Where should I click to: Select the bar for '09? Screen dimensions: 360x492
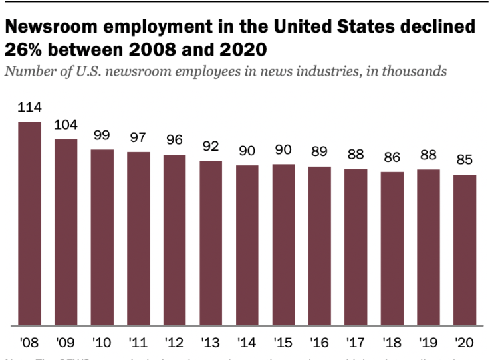(x=66, y=232)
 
